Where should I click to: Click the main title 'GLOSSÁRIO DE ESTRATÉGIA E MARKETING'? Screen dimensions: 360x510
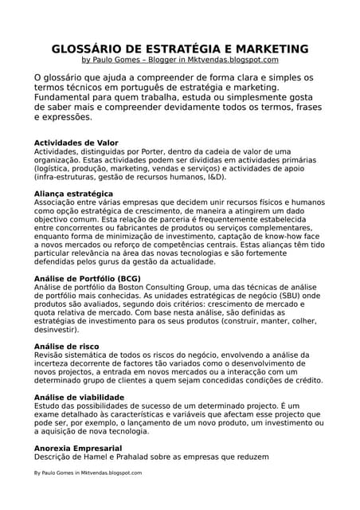tap(180, 49)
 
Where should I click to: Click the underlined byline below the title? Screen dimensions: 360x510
tap(180, 60)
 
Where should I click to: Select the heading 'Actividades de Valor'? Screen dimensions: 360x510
tap(76, 143)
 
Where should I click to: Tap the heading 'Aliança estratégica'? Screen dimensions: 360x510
tap(73, 194)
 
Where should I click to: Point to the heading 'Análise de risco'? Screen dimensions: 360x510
tap(66, 347)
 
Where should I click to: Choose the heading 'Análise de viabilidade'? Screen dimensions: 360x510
tap(79, 397)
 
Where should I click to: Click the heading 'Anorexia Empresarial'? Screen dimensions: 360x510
tap(77, 448)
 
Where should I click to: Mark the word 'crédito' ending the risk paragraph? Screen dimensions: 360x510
tap(307, 381)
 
